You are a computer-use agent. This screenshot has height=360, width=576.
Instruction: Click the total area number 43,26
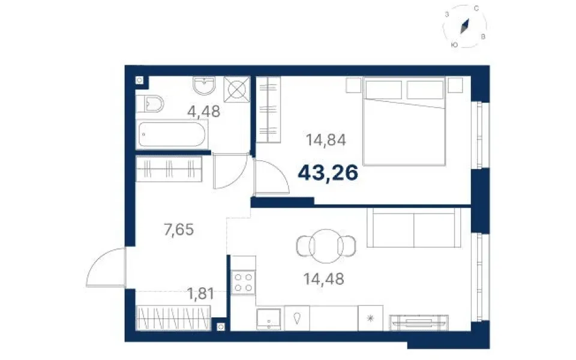coord(328,173)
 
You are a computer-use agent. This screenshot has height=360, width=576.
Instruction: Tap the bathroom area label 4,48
coord(204,112)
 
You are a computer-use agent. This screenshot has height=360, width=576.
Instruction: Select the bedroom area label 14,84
coord(326,140)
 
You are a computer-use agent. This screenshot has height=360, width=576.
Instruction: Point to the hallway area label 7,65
coord(179,230)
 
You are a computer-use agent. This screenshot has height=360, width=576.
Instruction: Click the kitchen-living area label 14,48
coord(323,279)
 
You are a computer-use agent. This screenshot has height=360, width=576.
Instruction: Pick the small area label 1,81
coord(200,293)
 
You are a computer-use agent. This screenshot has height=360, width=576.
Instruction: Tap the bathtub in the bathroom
coord(172,134)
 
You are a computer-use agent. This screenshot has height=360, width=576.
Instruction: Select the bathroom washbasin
coord(204,86)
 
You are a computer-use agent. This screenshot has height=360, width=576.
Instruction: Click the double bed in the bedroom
coord(404,121)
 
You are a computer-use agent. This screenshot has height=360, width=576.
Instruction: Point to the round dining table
coord(326,246)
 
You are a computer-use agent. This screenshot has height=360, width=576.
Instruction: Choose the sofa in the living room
coord(414,228)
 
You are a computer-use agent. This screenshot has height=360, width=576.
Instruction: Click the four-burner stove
coord(243,283)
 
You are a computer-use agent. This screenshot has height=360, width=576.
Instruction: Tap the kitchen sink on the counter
coord(269,319)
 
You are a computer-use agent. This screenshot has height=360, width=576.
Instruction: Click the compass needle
coord(465,26)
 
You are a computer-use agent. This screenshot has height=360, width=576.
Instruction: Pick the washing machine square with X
coord(236,89)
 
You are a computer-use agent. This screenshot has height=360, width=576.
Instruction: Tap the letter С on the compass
coord(476,8)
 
